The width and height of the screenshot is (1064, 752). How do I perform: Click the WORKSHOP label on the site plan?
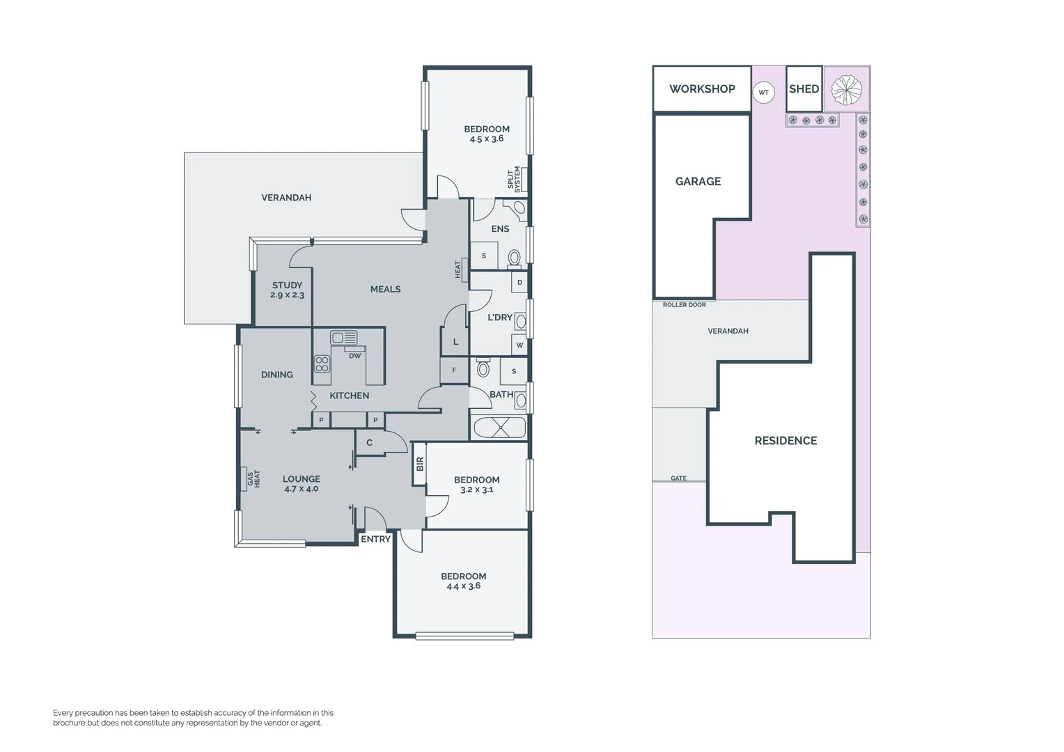coord(702,89)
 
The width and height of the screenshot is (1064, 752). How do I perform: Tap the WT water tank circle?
coord(764,93)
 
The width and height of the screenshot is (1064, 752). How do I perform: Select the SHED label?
coord(804,89)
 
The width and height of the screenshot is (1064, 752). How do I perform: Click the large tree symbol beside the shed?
coord(847,89)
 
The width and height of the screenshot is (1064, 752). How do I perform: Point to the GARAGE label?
coord(698,182)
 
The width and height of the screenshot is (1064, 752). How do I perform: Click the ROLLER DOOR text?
coord(684,305)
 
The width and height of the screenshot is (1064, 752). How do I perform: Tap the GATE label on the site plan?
coord(678,478)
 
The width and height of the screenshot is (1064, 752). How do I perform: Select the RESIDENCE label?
coord(785,441)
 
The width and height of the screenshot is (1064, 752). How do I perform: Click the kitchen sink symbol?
coord(344,338)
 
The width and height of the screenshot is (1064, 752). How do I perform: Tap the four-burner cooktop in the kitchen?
coord(322,364)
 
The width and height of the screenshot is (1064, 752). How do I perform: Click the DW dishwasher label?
coord(355,356)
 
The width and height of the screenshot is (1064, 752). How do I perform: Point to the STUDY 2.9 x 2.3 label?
coord(287,290)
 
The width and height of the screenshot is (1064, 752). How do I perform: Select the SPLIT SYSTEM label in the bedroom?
coord(514,179)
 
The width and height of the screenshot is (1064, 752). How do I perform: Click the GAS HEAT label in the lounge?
coord(253,479)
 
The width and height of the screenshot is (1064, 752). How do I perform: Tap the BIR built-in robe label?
coord(420,464)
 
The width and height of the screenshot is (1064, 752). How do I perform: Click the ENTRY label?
coord(375,539)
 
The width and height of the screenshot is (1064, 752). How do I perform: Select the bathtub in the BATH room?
coord(499,427)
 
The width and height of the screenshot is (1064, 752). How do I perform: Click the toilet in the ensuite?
coord(514,257)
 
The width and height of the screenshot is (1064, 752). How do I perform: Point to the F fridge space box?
coord(454,370)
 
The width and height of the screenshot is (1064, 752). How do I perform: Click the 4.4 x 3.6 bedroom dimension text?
coord(463,586)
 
